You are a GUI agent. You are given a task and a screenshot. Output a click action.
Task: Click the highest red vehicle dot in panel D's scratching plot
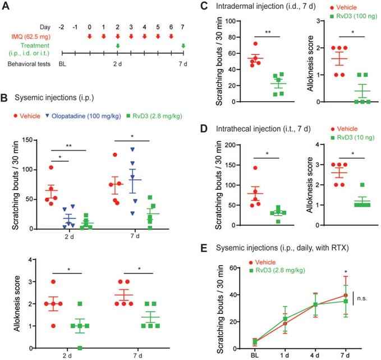[x=241, y=167]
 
